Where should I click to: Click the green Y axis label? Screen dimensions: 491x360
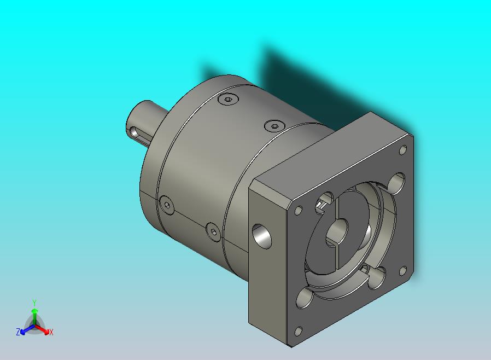34,303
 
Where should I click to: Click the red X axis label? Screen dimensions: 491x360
51,332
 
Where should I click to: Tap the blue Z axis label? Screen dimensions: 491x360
18,332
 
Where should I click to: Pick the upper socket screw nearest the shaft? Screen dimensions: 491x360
229,100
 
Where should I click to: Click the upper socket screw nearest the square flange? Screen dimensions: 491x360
274,126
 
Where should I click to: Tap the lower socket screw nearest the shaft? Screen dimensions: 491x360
167,205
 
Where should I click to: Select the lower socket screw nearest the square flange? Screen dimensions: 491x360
213,232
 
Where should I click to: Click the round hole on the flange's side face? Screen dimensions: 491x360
262,236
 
